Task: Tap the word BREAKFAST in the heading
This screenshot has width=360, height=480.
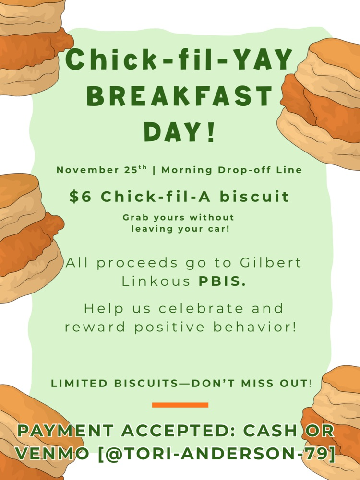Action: tap(179, 96)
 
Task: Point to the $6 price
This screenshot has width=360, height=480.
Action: tap(80, 197)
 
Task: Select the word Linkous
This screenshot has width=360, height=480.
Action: tap(156, 281)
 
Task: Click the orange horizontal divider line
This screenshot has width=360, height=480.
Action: tap(180, 405)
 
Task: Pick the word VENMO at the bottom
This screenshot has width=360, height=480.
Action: tap(53, 453)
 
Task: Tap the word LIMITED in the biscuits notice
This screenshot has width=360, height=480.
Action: tap(79, 384)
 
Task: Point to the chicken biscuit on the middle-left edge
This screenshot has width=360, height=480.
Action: tap(26, 235)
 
